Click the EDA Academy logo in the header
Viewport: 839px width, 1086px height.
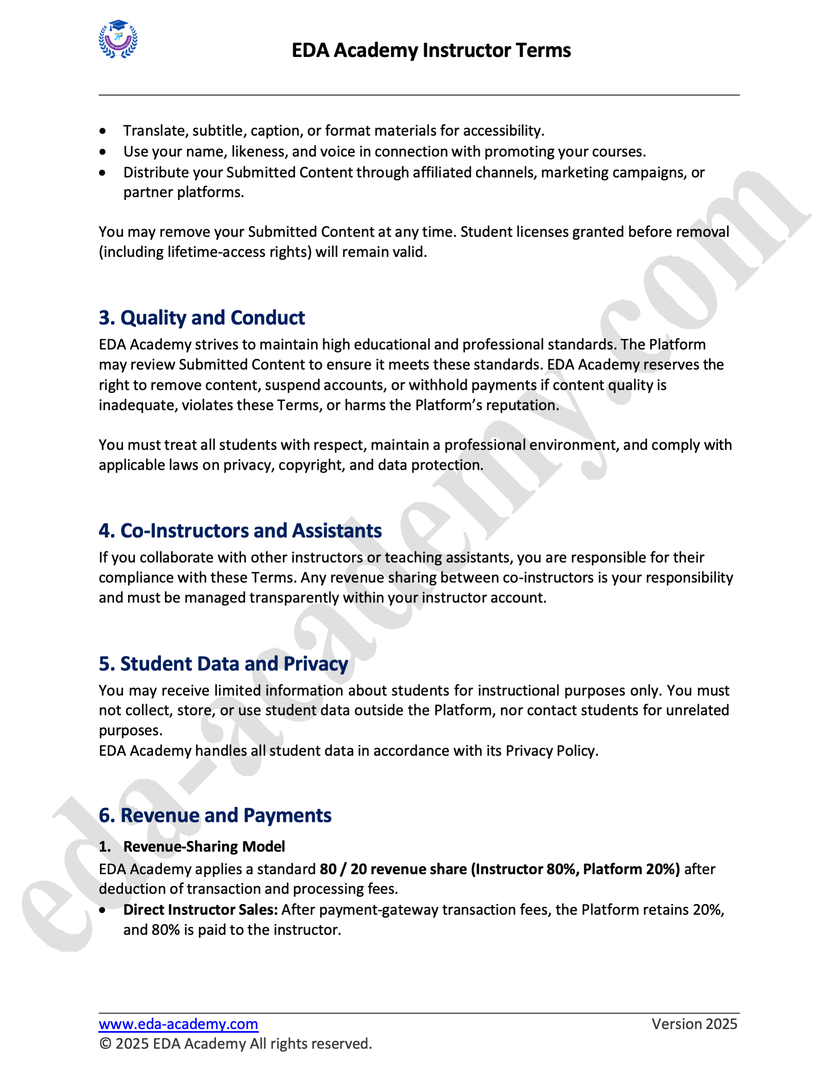point(118,39)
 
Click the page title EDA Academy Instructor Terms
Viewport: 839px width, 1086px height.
point(431,50)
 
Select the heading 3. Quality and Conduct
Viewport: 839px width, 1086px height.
point(202,318)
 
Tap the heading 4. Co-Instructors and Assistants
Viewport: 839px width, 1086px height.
point(240,531)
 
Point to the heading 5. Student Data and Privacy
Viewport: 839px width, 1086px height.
point(223,664)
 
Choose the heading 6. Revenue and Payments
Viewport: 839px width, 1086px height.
point(215,816)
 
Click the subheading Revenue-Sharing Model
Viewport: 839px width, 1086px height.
point(204,846)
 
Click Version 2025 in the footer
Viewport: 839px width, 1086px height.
point(694,1024)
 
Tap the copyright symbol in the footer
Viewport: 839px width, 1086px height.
point(105,1044)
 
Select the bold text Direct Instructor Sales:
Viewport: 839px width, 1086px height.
point(200,909)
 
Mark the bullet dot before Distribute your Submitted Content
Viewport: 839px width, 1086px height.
point(102,173)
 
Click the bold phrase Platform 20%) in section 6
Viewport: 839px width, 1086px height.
point(631,869)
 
